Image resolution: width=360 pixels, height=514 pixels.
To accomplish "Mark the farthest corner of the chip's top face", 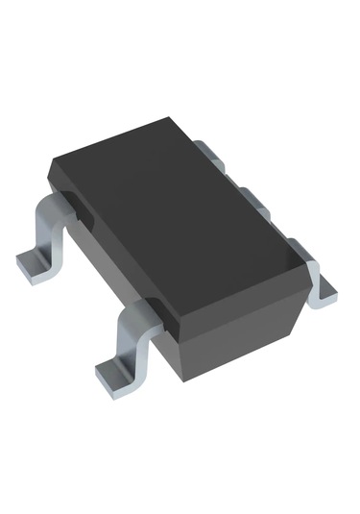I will (173, 119).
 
